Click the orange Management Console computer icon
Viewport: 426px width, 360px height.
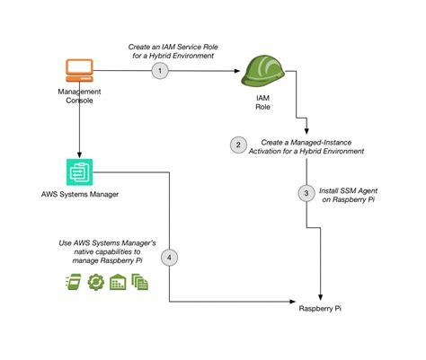(80, 70)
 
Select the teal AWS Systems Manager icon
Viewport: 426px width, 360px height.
(80, 171)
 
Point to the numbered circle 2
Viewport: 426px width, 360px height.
(237, 145)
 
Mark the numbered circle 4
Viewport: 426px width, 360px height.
(170, 258)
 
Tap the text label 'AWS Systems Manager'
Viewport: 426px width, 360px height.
(79, 195)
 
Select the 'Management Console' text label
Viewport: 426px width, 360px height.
(79, 96)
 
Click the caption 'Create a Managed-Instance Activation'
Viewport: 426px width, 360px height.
(311, 146)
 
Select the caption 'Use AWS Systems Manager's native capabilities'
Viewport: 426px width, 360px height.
(94, 251)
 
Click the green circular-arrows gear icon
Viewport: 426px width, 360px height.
(95, 281)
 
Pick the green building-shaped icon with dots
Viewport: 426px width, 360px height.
(118, 281)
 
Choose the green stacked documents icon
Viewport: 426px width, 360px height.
(140, 281)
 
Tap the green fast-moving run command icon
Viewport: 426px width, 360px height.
(73, 281)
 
